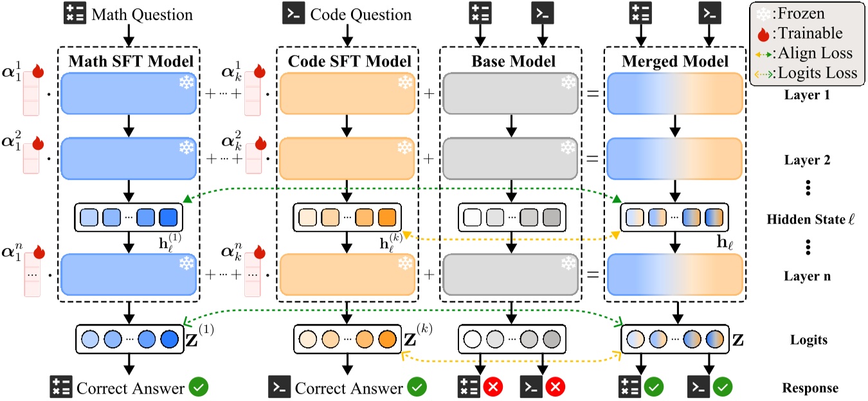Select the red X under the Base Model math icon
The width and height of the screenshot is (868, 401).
pyautogui.click(x=494, y=388)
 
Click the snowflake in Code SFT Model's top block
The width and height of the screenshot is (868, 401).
pyautogui.click(x=404, y=84)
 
